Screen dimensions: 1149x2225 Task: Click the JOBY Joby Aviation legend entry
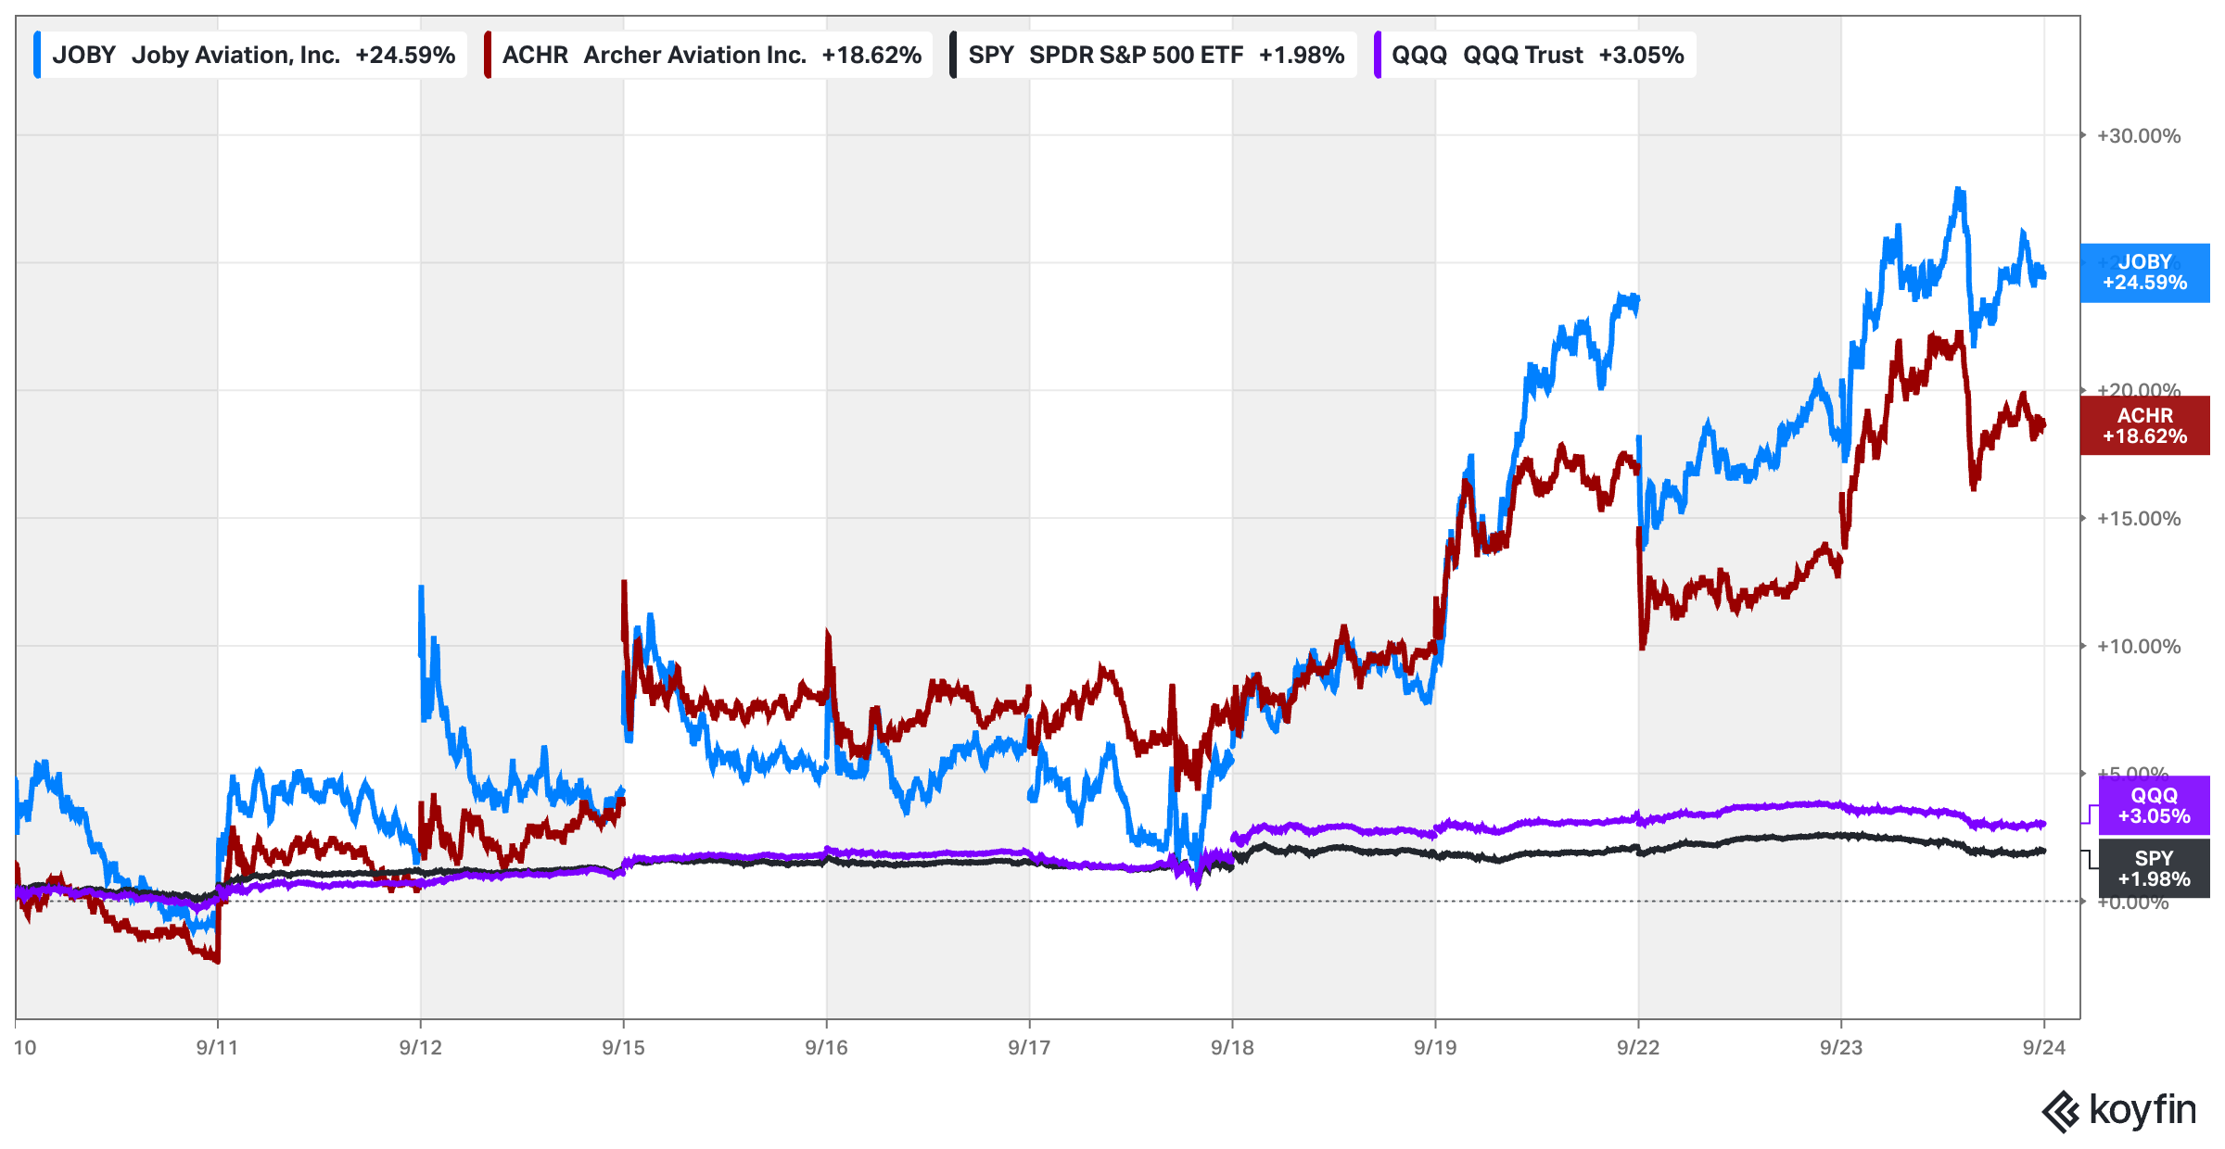pos(250,55)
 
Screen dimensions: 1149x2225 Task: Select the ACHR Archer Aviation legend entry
pos(709,55)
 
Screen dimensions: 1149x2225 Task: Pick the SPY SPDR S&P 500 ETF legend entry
pos(1154,55)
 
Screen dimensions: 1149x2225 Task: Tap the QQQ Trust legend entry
pos(1536,55)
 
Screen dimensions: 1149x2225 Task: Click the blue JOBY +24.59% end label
pos(2143,272)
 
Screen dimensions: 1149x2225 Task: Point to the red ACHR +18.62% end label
pos(2143,426)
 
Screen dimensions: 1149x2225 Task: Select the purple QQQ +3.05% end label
pos(2153,806)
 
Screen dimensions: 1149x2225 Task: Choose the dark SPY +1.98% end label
pos(2153,869)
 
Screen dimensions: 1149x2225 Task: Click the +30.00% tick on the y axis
pos(2138,136)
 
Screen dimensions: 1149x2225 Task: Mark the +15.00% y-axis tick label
pos(2138,519)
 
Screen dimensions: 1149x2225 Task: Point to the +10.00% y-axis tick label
pos(2138,647)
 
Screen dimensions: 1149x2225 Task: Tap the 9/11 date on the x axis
pos(217,1048)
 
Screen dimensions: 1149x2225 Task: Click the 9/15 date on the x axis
pos(623,1048)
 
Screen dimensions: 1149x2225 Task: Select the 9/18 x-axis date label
pos(1232,1048)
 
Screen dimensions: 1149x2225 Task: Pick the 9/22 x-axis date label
pos(1638,1048)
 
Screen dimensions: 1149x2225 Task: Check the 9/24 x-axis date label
pos(2043,1048)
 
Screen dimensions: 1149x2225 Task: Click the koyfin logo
pos(2119,1111)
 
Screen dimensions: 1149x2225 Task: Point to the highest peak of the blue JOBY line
pos(1959,190)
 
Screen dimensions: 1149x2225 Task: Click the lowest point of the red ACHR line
pos(217,961)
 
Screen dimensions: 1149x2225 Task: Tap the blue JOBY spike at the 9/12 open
pos(422,587)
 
